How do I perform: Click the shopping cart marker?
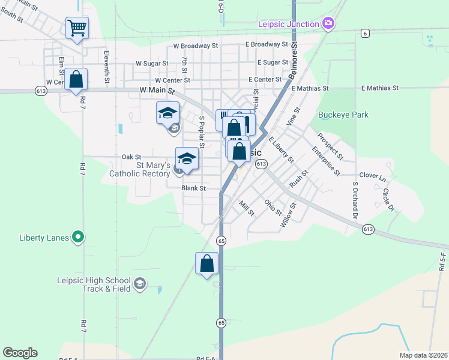77,28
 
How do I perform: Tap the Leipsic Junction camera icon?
328,24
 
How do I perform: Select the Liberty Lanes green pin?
77,237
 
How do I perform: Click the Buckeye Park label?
343,115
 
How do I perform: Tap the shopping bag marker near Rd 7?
76,80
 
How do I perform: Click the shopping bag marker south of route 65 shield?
206,264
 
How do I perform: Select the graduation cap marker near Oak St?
187,159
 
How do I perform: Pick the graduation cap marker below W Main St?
168,113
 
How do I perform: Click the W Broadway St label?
195,46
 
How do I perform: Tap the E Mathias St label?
310,88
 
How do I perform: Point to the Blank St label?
194,188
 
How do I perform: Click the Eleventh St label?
107,67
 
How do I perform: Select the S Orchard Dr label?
355,199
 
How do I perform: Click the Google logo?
20,353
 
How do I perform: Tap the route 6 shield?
365,33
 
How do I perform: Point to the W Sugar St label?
154,63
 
